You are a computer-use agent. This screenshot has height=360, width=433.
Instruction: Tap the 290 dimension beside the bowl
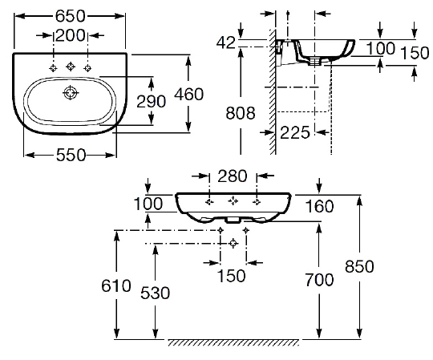(173, 102)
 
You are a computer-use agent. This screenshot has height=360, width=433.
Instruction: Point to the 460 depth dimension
(209, 95)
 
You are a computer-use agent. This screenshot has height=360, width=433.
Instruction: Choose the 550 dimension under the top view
(71, 157)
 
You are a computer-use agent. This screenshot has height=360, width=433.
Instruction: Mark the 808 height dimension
(241, 113)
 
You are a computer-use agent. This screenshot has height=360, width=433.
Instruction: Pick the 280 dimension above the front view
(233, 176)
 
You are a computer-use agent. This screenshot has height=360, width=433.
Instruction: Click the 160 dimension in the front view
(320, 207)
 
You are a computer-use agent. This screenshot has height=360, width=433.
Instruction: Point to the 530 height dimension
(155, 294)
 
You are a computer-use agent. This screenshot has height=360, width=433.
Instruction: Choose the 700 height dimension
(320, 281)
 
